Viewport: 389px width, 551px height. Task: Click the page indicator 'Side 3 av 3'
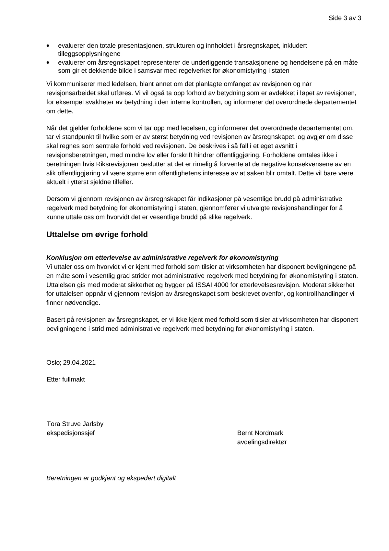coord(345,18)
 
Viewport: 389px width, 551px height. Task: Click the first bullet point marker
coord(49,46)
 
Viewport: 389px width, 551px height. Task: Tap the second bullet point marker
coord(49,63)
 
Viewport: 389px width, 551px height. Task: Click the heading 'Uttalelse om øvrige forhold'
coord(97,234)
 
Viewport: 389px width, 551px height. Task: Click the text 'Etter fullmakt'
coord(66,379)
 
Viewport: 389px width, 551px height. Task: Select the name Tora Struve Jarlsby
coord(75,424)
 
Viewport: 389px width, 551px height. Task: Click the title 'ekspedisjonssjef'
coord(71,433)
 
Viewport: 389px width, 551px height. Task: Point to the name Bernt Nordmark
coord(260,433)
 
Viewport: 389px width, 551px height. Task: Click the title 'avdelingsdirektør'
coord(262,442)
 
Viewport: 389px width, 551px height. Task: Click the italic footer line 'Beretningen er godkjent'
coord(111,478)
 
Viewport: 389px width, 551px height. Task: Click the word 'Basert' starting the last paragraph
coord(56,319)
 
